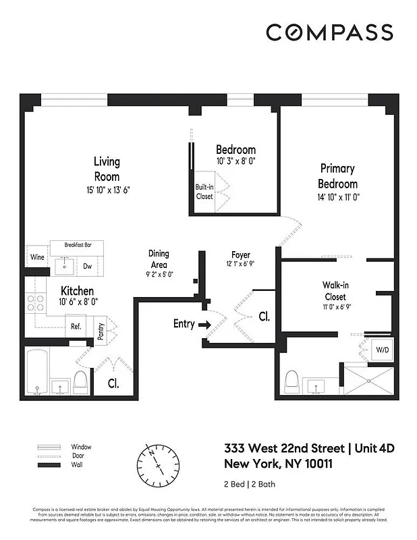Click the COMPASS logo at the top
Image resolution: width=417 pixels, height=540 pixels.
329,32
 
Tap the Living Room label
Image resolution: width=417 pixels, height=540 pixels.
107,169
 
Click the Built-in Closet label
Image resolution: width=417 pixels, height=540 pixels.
204,191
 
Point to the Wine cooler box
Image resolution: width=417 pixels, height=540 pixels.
37,257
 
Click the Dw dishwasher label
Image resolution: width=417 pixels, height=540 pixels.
88,266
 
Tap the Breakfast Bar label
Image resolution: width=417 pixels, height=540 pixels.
78,245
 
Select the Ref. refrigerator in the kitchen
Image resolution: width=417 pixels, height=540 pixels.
77,327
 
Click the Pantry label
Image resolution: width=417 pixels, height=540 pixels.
99,331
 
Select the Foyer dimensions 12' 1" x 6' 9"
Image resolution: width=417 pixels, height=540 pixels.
241,265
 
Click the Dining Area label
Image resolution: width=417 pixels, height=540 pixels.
159,259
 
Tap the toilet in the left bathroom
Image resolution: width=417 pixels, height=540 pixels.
80,381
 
